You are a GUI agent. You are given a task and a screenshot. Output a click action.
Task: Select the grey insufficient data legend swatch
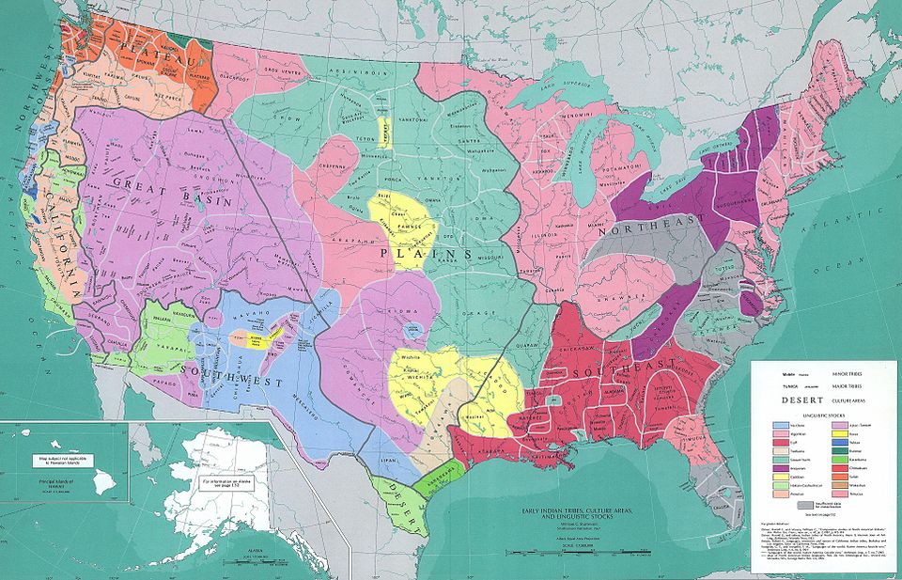click(805, 505)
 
